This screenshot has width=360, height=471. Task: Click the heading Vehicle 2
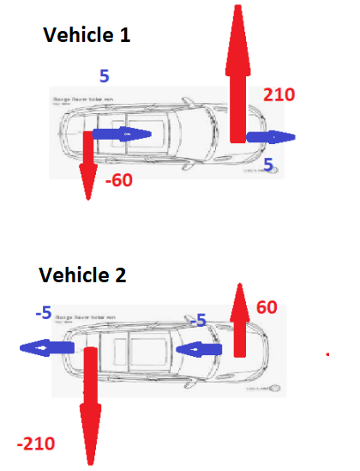coord(82,275)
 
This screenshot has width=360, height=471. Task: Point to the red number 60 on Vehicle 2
coord(267,306)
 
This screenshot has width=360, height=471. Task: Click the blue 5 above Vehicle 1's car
coord(104,76)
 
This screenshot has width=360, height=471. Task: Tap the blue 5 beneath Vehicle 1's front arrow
coord(268,163)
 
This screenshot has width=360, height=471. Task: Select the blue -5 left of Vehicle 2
coord(44,314)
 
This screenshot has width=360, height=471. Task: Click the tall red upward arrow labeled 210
coord(237,69)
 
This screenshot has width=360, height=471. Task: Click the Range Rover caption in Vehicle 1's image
coord(84,100)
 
